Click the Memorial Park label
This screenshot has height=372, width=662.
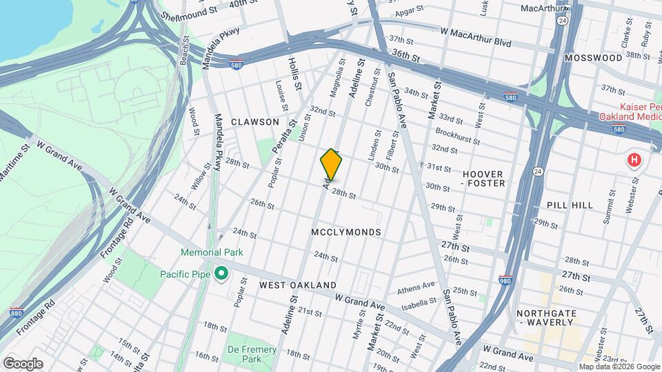click(212, 252)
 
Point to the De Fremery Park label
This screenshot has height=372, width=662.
click(252, 354)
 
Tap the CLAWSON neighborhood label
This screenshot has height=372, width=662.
click(254, 122)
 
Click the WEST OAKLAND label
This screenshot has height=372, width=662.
click(298, 285)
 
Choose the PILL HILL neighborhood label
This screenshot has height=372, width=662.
click(569, 205)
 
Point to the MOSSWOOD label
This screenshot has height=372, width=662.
click(593, 58)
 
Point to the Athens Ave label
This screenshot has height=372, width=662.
click(416, 285)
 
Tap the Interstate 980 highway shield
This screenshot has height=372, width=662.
click(505, 280)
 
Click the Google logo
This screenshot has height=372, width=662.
click(23, 364)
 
